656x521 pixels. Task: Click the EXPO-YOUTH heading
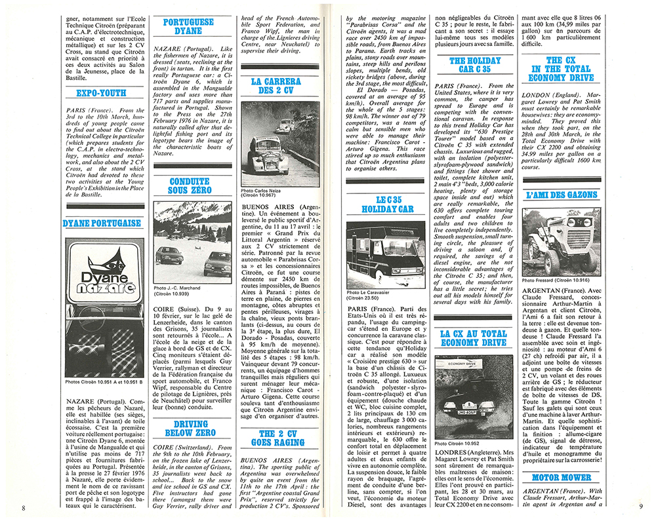point(101,92)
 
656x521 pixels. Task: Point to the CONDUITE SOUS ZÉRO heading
point(189,186)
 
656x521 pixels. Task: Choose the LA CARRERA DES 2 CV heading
point(276,86)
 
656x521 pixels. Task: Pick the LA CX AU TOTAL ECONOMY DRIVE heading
point(473,338)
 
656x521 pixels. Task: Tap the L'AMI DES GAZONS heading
point(562,195)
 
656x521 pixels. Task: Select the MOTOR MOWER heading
point(562,477)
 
